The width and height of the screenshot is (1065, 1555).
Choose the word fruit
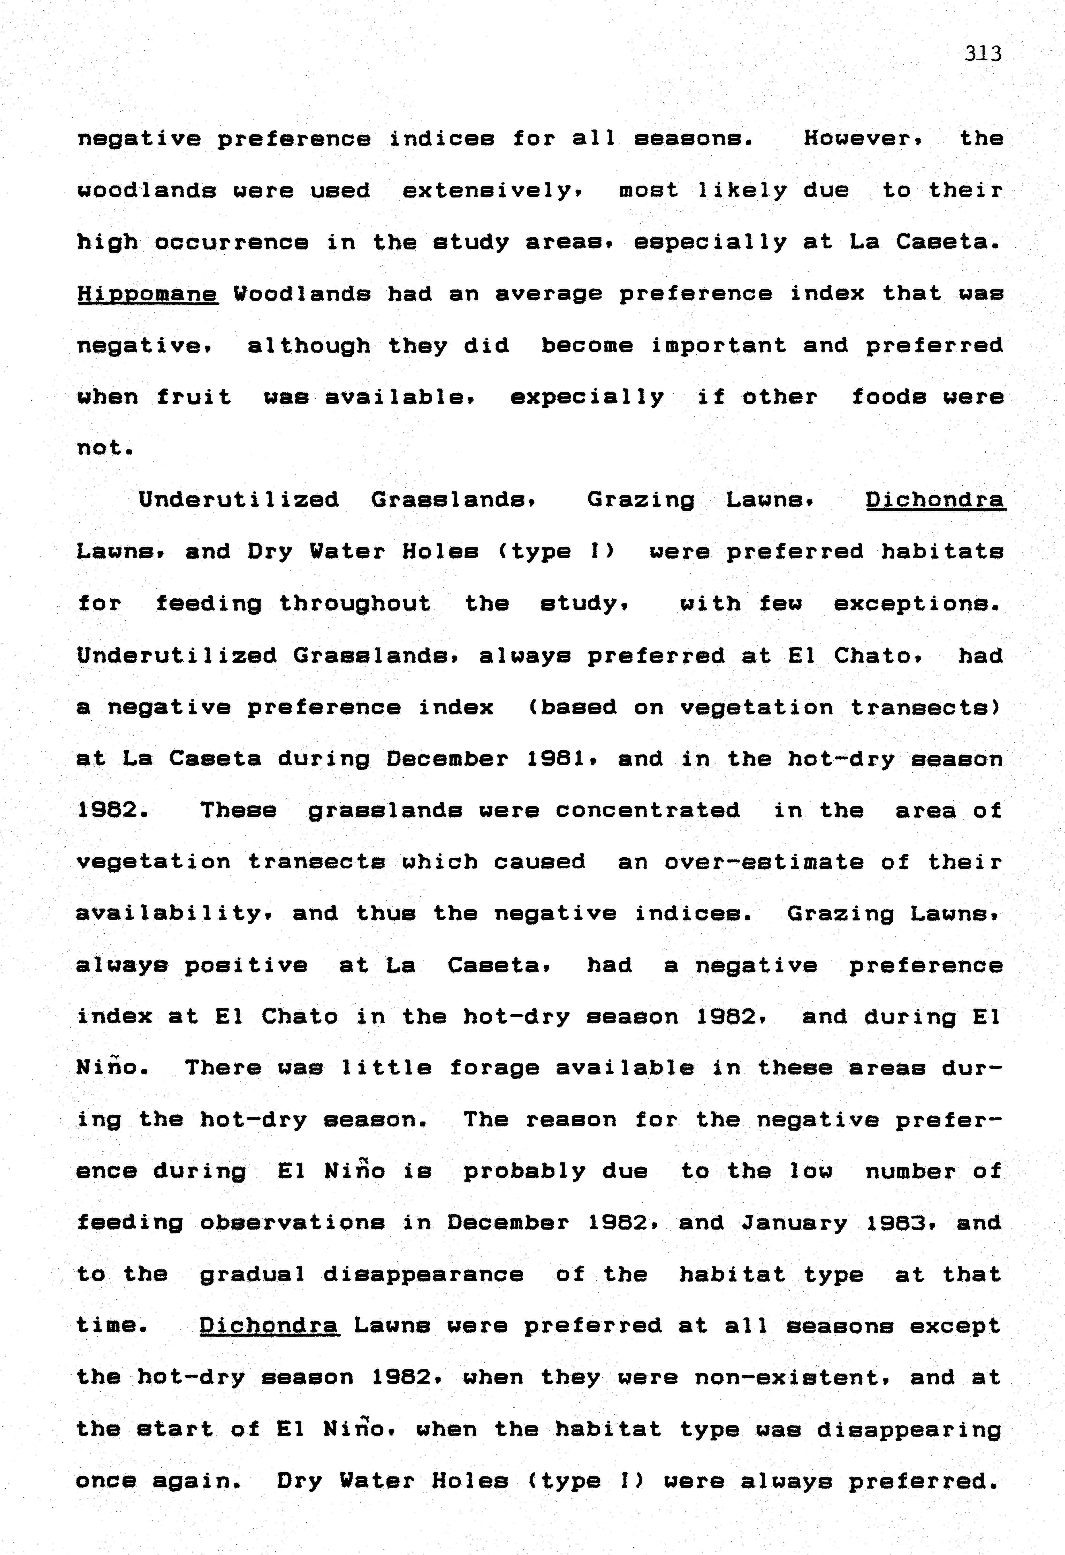[194, 398]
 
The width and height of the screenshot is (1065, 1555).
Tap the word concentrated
[648, 810]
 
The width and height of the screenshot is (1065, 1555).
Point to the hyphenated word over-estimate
[764, 862]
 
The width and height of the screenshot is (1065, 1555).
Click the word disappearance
[423, 1275]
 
